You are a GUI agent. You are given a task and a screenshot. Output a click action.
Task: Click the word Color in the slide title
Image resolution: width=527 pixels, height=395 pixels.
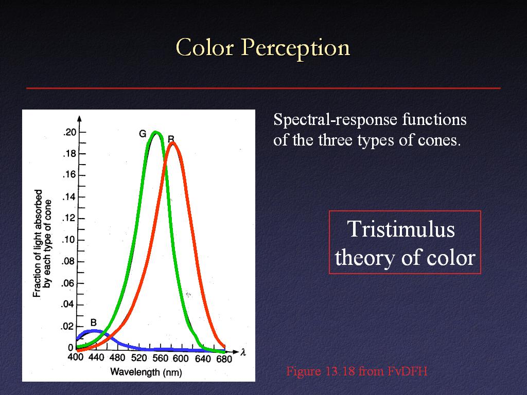tap(204, 47)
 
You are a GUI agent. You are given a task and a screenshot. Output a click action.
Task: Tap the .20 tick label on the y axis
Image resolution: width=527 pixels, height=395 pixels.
tap(70, 132)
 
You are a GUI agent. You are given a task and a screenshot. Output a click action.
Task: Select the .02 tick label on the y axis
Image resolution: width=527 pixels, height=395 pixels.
tap(67, 326)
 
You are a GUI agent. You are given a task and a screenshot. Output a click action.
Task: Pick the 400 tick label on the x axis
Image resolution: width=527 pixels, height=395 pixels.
tap(76, 357)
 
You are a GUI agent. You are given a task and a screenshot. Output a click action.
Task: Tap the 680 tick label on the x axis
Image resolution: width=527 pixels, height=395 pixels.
tap(224, 359)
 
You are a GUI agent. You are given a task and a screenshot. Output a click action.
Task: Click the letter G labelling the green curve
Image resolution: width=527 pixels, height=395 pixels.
tap(143, 134)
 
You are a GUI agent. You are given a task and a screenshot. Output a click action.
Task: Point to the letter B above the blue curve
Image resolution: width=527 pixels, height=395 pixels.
tap(94, 323)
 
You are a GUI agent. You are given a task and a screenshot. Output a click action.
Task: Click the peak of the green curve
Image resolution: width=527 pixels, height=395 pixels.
tap(155, 132)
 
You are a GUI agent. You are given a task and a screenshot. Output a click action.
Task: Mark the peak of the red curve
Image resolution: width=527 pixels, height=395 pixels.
tap(172, 143)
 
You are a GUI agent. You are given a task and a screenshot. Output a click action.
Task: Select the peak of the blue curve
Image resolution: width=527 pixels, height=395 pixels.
tap(94, 331)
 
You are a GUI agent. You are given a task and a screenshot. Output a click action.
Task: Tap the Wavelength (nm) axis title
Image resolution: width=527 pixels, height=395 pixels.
tap(146, 372)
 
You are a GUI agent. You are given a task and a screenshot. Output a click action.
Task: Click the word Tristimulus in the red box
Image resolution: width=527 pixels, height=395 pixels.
tap(401, 229)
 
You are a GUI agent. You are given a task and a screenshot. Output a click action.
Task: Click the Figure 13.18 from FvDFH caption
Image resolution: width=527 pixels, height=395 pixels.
tap(357, 371)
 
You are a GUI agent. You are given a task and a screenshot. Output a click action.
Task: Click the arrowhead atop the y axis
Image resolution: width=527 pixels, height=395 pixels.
tap(79, 119)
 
